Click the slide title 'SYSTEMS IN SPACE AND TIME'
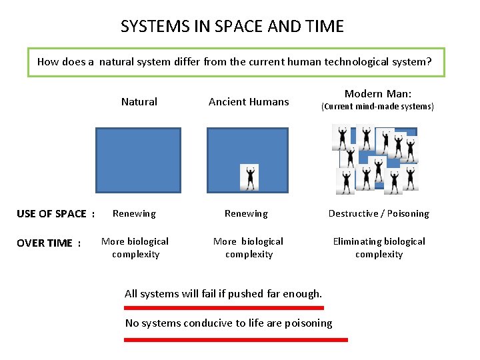232,27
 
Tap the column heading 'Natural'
139,102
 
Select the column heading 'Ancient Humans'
249,102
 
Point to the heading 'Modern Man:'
378,94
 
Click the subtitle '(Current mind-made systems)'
377,107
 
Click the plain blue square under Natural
138,160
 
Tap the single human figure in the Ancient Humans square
249,177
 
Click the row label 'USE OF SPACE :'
55,214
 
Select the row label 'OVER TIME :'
49,243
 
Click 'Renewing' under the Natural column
134,214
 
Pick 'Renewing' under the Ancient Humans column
246,214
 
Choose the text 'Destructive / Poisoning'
379,214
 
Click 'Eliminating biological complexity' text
379,248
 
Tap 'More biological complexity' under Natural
135,248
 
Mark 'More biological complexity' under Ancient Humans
249,248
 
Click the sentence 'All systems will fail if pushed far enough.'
223,294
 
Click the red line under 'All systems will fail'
224,308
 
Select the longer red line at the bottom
236,340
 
